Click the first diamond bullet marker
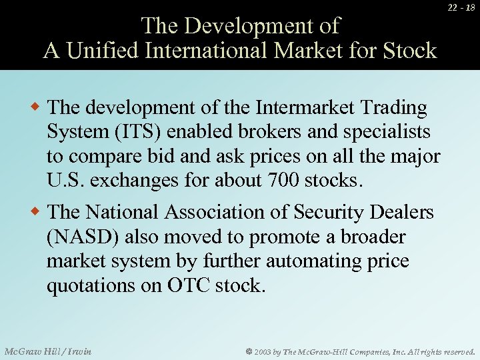point(39,107)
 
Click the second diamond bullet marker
point(39,212)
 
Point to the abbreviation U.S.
point(64,180)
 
